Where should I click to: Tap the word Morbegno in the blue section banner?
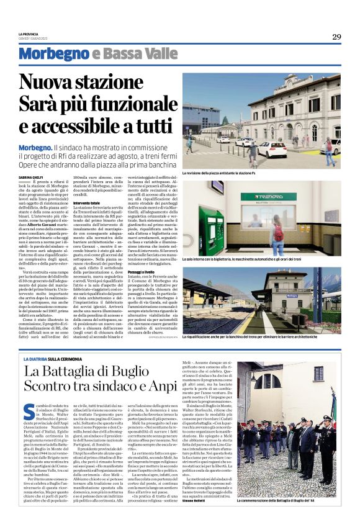point(61,54)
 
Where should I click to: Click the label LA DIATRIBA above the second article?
point(52,359)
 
